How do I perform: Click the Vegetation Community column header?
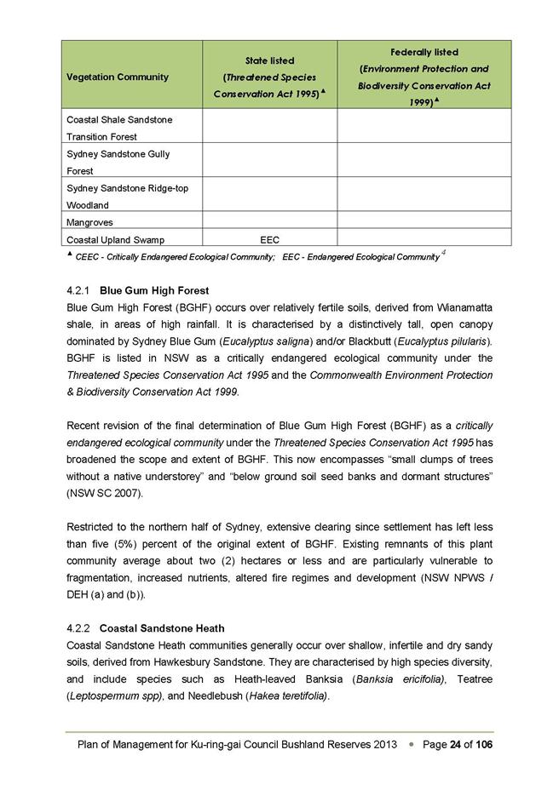tap(118, 77)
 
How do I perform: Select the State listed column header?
tap(269, 77)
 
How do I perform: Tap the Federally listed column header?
tap(424, 77)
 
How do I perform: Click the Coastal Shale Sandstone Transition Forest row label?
tap(119, 128)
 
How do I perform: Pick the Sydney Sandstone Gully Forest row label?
tap(118, 162)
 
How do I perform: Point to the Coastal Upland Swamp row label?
tap(115, 240)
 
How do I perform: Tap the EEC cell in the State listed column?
tap(269, 240)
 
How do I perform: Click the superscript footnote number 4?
tap(444, 253)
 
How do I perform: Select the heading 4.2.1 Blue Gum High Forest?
tap(137, 290)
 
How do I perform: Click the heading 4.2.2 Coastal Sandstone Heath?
tap(145, 628)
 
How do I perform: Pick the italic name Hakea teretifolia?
tap(288, 696)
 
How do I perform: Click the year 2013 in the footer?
tap(383, 745)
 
